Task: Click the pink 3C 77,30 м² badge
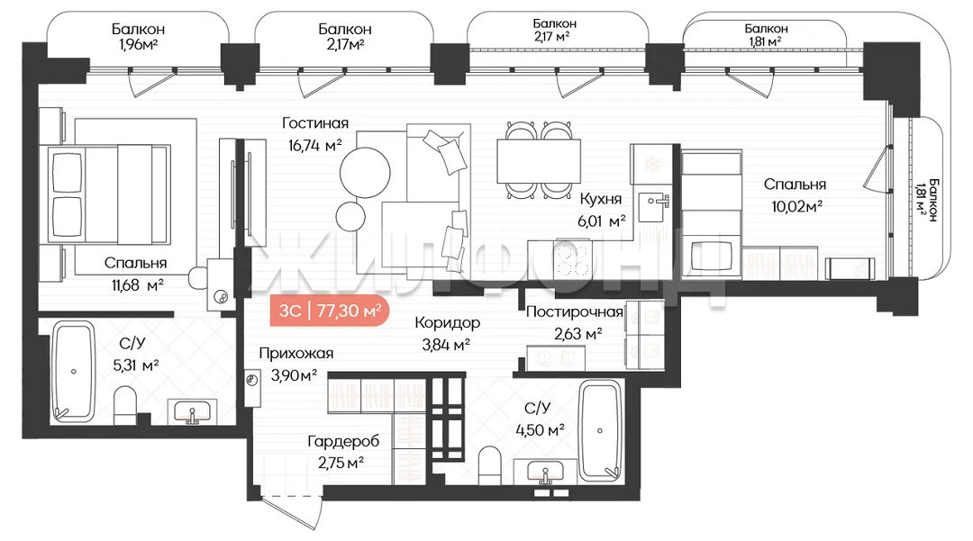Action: pos(330,311)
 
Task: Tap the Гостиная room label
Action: pos(315,123)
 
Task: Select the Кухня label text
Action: pos(600,199)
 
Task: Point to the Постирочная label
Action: pos(574,311)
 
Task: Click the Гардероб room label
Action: pos(343,441)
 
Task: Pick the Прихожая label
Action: pos(296,353)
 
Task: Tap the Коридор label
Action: pos(447,322)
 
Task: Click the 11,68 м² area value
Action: pos(138,285)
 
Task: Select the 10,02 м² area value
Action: pos(796,206)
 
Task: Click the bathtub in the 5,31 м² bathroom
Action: pos(73,372)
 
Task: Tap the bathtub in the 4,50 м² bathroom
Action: pos(600,430)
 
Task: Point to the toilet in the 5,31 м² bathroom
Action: pos(125,405)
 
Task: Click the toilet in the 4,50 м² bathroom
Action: pos(489,465)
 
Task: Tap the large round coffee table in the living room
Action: pos(365,172)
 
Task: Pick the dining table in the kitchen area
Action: pos(539,160)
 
